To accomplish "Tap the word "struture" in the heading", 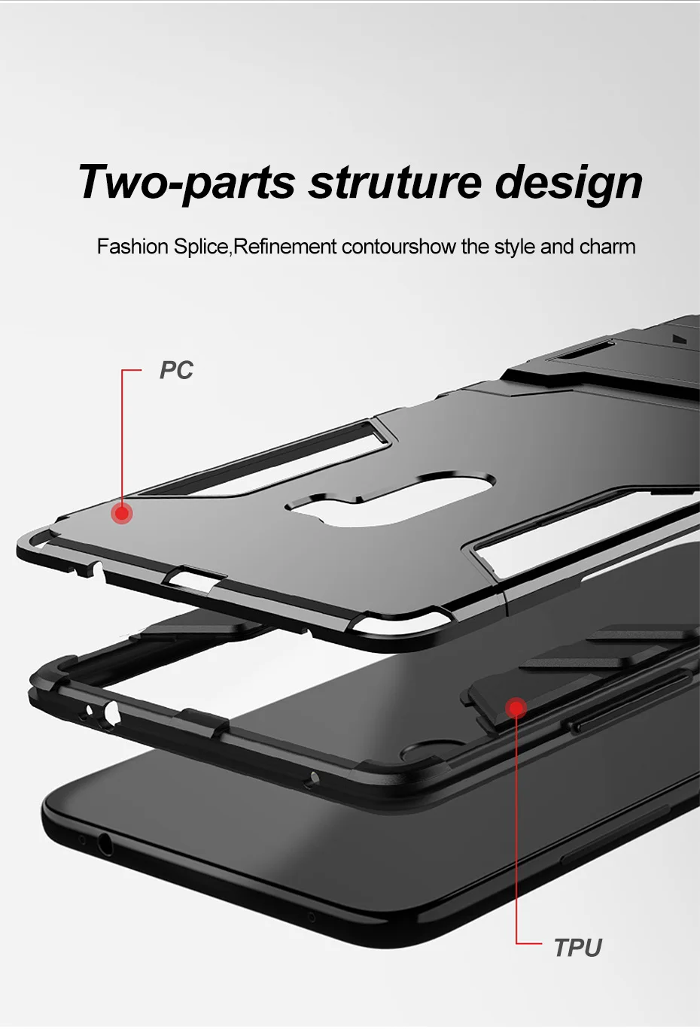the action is [395, 183].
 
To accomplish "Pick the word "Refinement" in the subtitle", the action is [285, 247].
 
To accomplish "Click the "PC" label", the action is [176, 370].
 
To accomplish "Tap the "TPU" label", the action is [577, 948].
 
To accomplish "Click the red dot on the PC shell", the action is [122, 514].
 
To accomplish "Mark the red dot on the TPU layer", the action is [516, 708].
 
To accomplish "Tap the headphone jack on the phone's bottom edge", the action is [105, 845].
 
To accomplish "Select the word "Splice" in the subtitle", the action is [201, 247].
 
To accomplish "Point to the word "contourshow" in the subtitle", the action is [398, 247].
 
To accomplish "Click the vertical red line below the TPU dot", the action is [516, 827].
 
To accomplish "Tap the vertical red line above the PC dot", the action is [122, 436].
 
